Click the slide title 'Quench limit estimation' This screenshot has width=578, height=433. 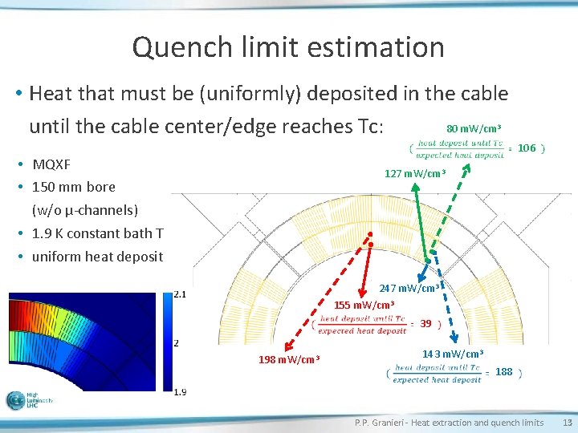(x=288, y=47)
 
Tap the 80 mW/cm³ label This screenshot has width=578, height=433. (x=474, y=128)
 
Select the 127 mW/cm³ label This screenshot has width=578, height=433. (x=415, y=174)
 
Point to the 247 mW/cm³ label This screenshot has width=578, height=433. (x=409, y=289)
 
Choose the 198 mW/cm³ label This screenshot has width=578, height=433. (x=289, y=358)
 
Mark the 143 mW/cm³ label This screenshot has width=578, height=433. (x=453, y=354)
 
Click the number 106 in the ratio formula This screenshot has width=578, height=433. (x=526, y=148)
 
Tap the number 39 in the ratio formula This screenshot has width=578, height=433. (x=425, y=324)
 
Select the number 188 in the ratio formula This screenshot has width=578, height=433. (x=503, y=372)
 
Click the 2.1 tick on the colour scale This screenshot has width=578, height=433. (x=181, y=294)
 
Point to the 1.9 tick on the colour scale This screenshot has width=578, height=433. (x=181, y=391)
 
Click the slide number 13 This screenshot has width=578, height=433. (x=567, y=423)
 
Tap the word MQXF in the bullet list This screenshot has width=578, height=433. (x=51, y=164)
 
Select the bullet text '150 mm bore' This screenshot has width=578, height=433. (x=73, y=187)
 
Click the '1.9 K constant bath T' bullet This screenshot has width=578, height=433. (x=97, y=233)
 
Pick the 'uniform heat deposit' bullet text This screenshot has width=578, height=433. (x=97, y=257)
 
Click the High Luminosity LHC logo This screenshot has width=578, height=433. (x=28, y=400)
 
